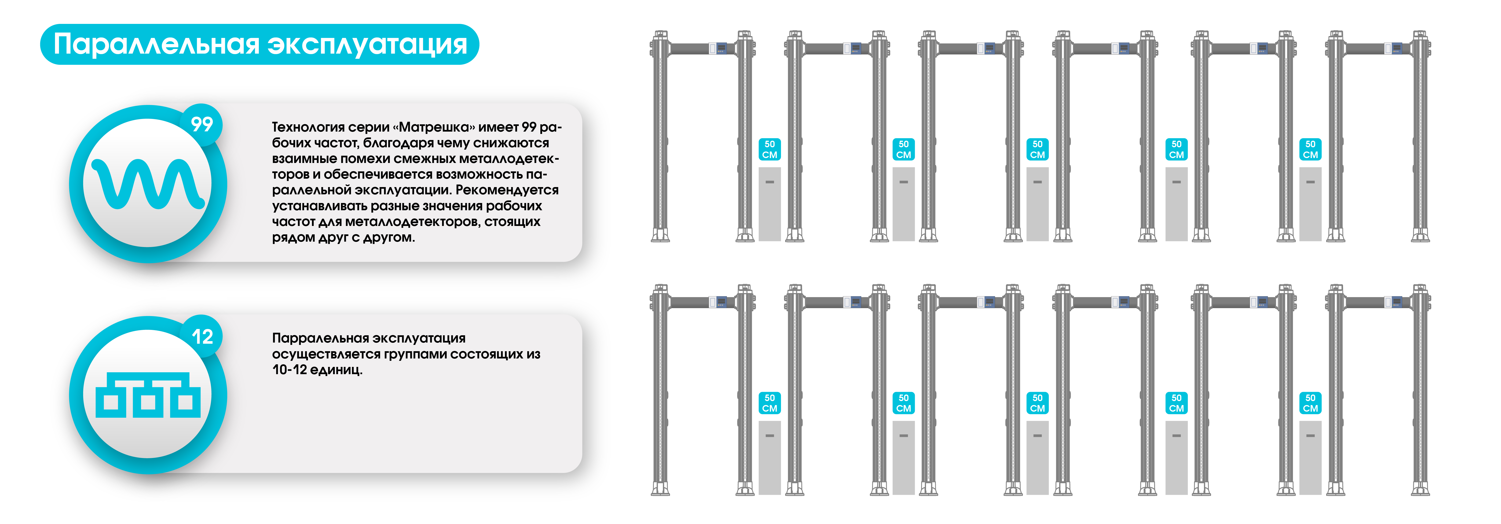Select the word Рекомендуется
(507, 190)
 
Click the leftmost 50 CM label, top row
(770, 149)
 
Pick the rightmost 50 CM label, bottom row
(1311, 403)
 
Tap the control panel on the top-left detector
(721, 48)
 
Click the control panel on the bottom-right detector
(1396, 301)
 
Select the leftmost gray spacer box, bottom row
(770, 458)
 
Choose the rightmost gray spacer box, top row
(1311, 204)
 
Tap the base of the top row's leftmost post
(660, 235)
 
